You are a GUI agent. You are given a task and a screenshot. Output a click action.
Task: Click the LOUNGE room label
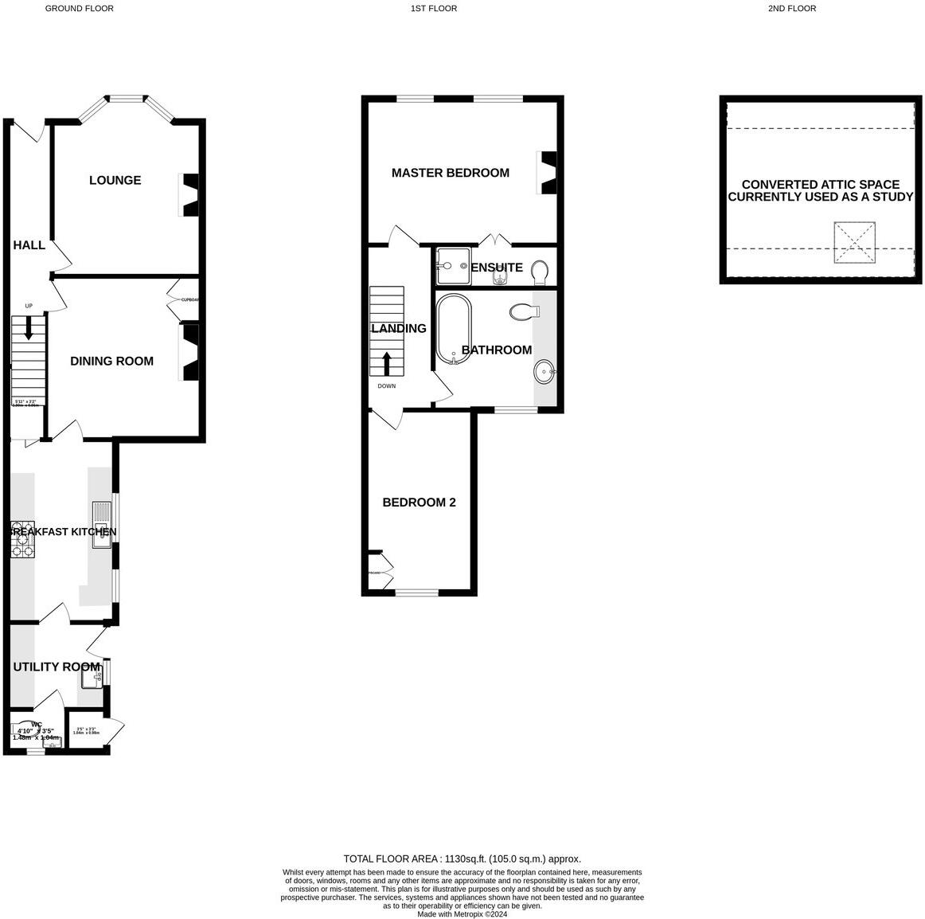[x=115, y=180]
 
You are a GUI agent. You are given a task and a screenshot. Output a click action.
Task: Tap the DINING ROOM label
[x=111, y=361]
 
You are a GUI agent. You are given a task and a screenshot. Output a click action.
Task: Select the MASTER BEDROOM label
[x=450, y=173]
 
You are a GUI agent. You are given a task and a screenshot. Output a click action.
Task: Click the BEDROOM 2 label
[x=419, y=503]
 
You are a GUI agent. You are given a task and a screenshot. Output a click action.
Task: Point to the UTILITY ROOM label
[x=57, y=667]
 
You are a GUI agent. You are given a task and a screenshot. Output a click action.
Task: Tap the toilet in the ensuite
[x=539, y=272]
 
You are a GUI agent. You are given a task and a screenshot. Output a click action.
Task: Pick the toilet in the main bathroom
[x=521, y=311]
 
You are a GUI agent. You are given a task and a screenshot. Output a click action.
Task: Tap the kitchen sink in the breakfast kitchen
[x=102, y=525]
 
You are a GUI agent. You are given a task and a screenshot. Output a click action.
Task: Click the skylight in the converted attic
[x=855, y=242]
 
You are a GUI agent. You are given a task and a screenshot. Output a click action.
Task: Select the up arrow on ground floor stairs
[x=28, y=327]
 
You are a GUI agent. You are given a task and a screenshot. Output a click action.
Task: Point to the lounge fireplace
[x=189, y=195]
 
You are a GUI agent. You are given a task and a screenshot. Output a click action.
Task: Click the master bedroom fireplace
[x=548, y=173]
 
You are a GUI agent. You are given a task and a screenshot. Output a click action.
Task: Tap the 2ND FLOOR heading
[x=791, y=9]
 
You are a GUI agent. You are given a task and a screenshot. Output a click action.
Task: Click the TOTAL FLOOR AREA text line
[x=462, y=858]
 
